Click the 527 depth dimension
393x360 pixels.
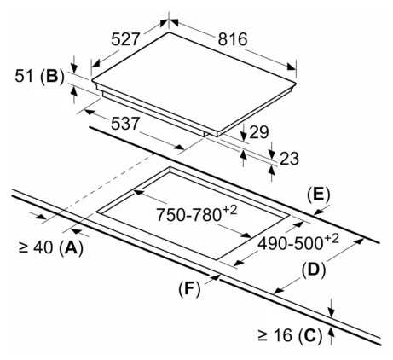[x=125, y=39]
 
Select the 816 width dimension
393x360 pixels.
[x=233, y=39]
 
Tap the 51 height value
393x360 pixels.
[x=24, y=76]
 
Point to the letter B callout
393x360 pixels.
[x=53, y=77]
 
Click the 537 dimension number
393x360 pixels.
[x=125, y=124]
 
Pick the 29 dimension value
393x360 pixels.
[x=258, y=132]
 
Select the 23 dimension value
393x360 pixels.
[x=289, y=159]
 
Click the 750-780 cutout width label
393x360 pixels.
[x=188, y=215]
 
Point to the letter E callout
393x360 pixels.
[x=319, y=195]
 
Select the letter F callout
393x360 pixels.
[x=189, y=289]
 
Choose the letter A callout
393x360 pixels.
[x=72, y=247]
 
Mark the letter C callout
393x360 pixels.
[x=310, y=335]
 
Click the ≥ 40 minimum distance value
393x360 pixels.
[x=36, y=247]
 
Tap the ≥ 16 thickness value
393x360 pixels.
[x=275, y=335]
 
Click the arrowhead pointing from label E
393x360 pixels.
[x=319, y=212]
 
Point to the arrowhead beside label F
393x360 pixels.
[x=215, y=277]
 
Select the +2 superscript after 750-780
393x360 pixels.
[x=229, y=211]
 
